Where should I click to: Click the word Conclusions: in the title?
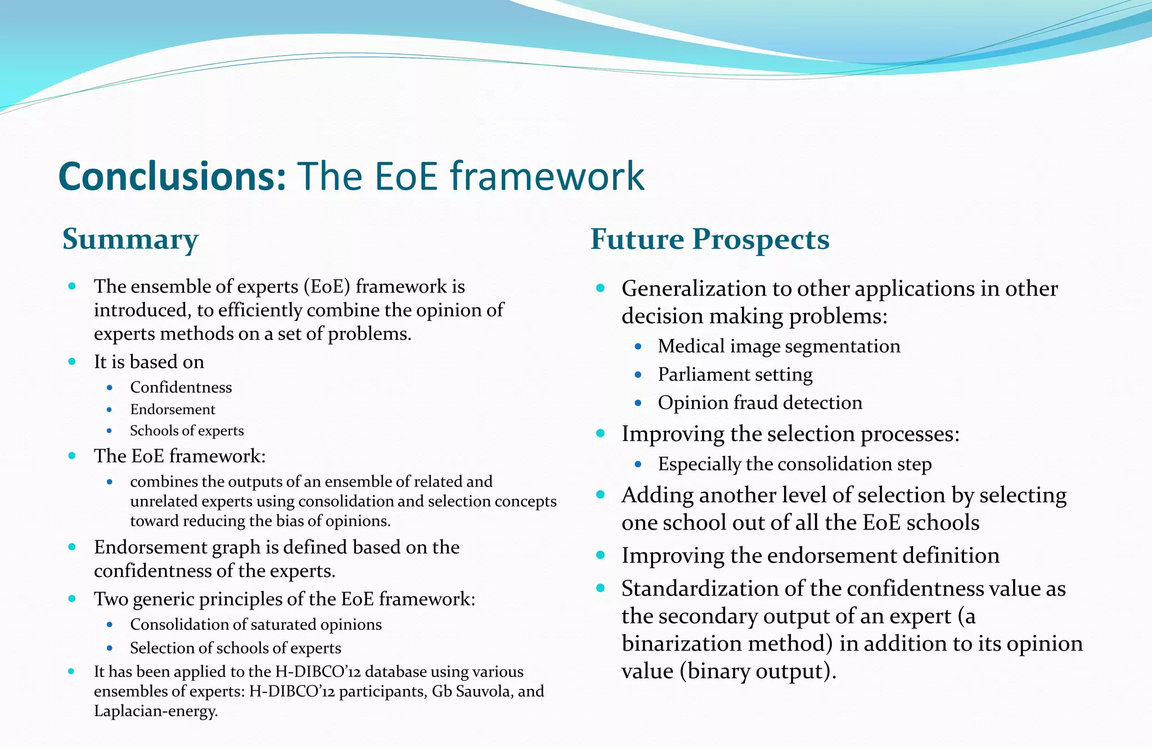point(172,176)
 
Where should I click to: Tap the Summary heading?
point(130,239)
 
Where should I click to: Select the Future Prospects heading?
point(710,239)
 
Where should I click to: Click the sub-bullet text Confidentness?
point(181,387)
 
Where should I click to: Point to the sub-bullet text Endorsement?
point(173,409)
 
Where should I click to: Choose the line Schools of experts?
point(187,431)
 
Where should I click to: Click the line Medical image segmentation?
point(779,346)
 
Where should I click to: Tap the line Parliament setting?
point(735,374)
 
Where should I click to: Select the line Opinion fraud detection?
point(760,402)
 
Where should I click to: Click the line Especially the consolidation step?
point(795,464)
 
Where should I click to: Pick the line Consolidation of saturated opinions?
point(256,624)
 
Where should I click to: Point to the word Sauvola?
point(483,691)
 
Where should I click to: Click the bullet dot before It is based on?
point(72,361)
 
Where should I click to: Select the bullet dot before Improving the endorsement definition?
point(600,555)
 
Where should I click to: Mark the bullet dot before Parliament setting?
point(638,374)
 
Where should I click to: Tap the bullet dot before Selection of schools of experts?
point(110,648)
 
